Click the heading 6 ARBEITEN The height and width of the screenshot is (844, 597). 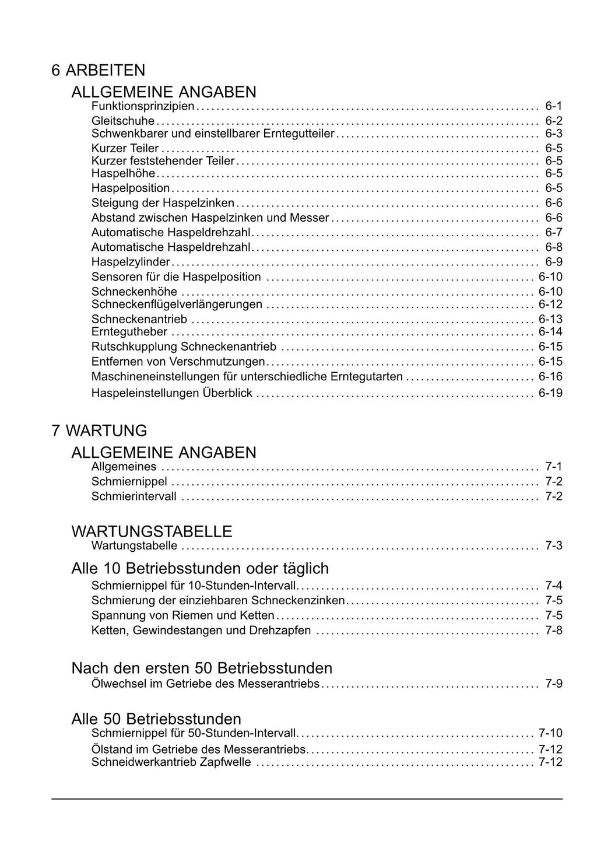click(98, 71)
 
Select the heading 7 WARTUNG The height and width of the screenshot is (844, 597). click(99, 431)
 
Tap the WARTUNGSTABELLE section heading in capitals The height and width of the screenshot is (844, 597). click(152, 531)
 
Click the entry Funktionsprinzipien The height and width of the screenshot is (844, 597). click(143, 106)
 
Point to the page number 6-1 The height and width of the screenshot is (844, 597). click(554, 106)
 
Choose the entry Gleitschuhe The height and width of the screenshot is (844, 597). click(123, 121)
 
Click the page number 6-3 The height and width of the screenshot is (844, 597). click(554, 134)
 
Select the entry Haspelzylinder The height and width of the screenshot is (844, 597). click(131, 262)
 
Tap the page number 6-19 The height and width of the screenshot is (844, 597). click(550, 393)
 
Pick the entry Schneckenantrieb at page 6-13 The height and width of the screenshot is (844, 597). click(139, 319)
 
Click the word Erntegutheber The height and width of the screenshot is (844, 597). click(129, 332)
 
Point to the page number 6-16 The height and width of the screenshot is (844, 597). click(550, 377)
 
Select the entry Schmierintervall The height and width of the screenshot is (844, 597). click(134, 496)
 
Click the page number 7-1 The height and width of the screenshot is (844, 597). click(554, 467)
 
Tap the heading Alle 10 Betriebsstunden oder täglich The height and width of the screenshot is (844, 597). click(200, 569)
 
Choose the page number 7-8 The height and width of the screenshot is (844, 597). click(554, 631)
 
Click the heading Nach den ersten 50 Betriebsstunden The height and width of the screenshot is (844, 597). click(202, 668)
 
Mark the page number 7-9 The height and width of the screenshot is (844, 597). click(554, 684)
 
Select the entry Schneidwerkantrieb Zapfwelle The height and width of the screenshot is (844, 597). click(171, 762)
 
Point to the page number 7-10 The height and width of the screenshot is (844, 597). click(550, 733)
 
